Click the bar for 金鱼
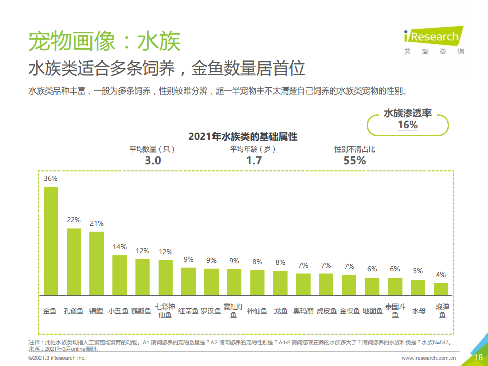pos(50,241)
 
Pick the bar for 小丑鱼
pos(119,275)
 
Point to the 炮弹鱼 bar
pos(441,289)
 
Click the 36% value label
pos(50,179)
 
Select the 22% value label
pos(74,220)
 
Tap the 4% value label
pos(441,275)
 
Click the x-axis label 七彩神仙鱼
pos(165,311)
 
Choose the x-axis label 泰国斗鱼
pos(395,311)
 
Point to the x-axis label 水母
pos(418,311)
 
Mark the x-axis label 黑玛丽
pos(303,311)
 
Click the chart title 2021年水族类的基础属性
pos(242,137)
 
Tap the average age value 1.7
pos(254,160)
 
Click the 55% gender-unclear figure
pos(355,160)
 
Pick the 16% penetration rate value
pos(408,125)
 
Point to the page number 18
pos(478,357)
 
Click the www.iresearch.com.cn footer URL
pos(429,358)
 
